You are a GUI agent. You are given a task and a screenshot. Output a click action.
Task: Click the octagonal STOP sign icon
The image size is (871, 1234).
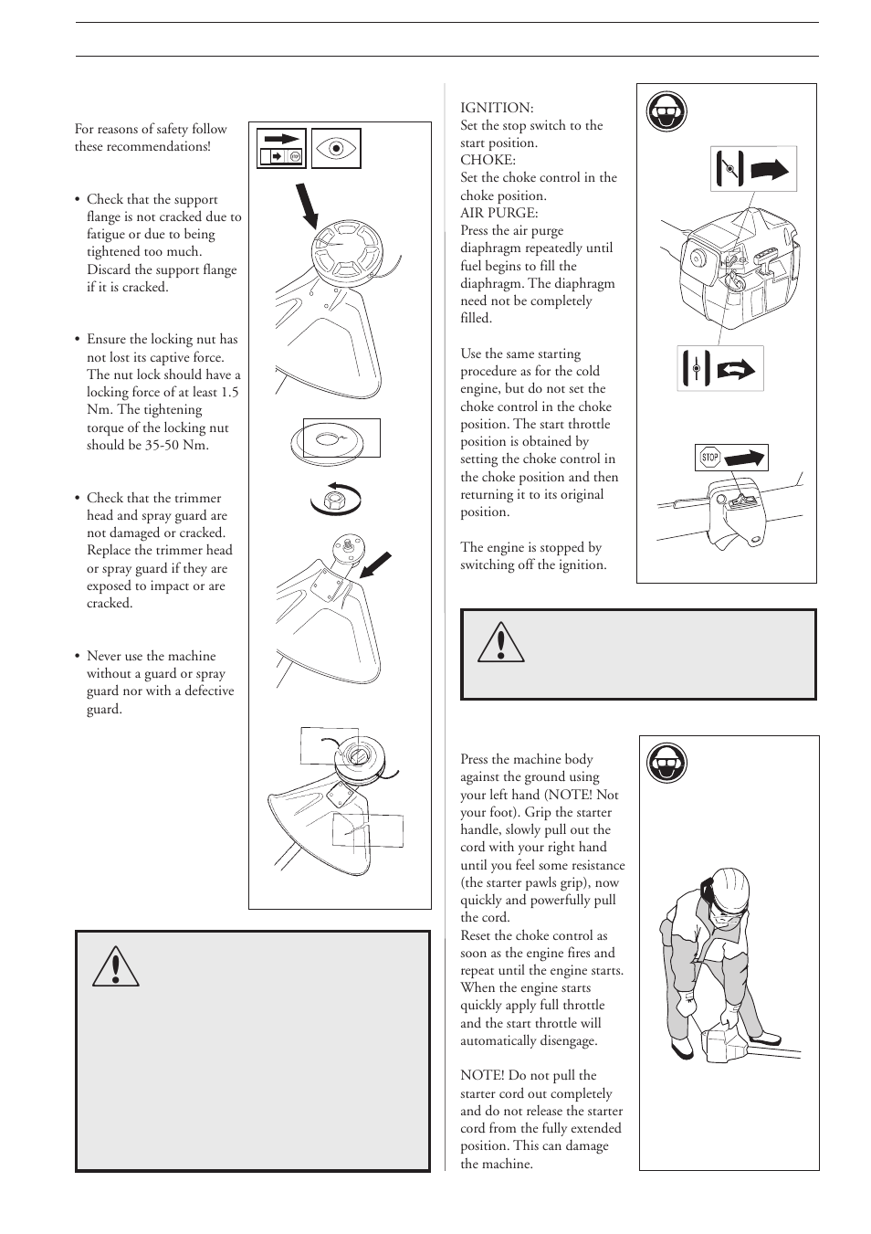(709, 458)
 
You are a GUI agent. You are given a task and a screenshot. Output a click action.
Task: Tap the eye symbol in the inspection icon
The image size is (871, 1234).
(336, 149)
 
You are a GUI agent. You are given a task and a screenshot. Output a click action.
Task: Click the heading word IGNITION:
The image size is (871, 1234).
(497, 108)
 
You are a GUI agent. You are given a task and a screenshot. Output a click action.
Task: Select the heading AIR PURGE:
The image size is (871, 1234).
(498, 213)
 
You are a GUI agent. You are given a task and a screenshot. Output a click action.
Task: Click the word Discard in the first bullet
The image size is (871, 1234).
(109, 269)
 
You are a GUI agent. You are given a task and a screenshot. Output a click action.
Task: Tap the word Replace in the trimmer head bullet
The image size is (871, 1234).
(110, 551)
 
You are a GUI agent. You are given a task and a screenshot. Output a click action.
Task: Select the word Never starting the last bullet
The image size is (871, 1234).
(106, 656)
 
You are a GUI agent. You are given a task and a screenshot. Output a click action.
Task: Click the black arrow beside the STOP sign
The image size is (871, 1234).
(746, 457)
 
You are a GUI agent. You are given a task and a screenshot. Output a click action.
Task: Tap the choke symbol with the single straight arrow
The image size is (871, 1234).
(753, 169)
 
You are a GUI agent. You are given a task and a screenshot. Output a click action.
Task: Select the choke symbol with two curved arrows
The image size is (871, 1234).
(719, 369)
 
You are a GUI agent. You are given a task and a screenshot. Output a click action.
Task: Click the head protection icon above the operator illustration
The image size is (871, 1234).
(667, 763)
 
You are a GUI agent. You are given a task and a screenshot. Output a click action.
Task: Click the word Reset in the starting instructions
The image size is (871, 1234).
(478, 936)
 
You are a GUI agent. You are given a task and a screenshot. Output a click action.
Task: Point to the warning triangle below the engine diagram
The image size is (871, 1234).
(500, 642)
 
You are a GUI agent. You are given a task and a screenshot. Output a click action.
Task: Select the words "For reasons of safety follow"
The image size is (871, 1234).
(151, 130)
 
